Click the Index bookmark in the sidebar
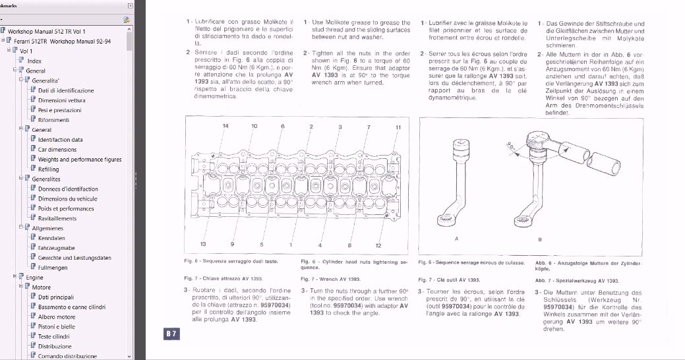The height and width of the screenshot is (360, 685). coord(34,61)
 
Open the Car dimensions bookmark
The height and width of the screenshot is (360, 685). coord(57,150)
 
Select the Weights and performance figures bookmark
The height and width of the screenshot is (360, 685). coord(79,160)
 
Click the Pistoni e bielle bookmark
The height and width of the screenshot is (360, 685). coord(56,326)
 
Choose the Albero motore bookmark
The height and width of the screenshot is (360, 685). coord(56,316)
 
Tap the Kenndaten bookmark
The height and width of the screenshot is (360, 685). coord(51,238)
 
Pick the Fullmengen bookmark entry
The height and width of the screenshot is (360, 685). coord(52,268)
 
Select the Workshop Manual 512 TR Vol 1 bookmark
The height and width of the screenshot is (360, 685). coord(46,31)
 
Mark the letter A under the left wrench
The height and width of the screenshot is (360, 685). coord(457,238)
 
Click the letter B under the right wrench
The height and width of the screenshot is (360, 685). coord(540,239)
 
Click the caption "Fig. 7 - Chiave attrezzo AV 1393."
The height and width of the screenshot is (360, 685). coord(220,280)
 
